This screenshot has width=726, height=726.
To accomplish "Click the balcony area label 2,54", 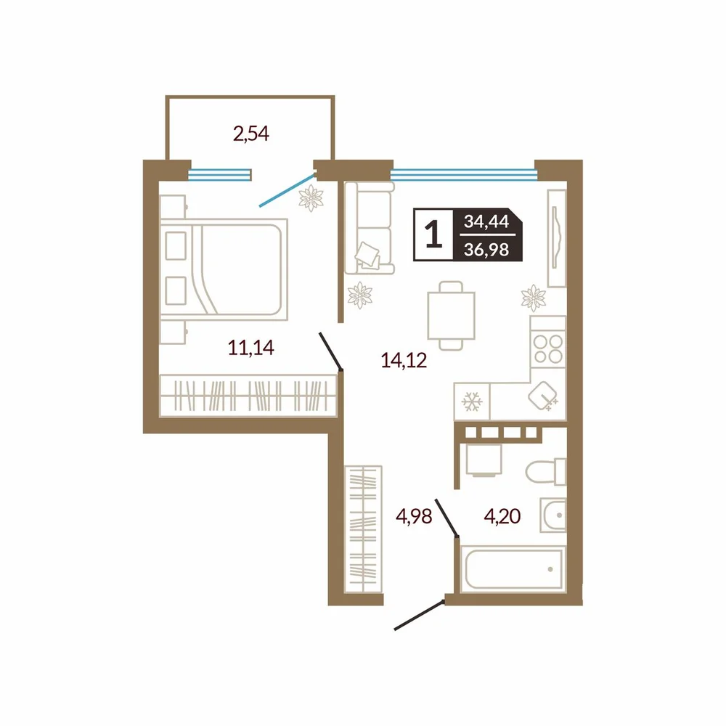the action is (x=251, y=134).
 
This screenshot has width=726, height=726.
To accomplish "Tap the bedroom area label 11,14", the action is (x=251, y=347).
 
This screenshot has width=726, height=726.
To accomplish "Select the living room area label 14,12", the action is (x=404, y=360).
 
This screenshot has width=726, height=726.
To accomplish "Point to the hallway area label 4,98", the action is (x=414, y=515).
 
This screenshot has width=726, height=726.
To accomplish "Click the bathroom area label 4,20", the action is (x=502, y=515).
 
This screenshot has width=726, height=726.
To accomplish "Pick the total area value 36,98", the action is (x=486, y=250).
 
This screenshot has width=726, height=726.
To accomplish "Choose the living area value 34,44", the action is (x=486, y=221).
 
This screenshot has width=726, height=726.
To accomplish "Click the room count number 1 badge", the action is (x=433, y=234).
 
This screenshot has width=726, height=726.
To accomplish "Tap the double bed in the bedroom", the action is (x=224, y=269).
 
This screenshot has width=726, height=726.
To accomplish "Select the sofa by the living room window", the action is (x=370, y=228).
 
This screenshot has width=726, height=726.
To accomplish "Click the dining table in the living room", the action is (x=451, y=315).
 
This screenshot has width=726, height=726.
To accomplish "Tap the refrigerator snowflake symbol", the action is (x=472, y=401).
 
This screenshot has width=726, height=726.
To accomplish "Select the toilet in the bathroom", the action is (x=546, y=471).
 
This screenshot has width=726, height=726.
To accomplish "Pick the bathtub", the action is (x=513, y=569).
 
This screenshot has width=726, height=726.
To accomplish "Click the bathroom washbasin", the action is (x=553, y=515).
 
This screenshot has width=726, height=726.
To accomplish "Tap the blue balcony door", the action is (x=287, y=189).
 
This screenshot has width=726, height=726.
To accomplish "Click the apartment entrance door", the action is (x=420, y=616).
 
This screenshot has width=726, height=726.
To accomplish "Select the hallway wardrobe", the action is (x=364, y=529).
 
